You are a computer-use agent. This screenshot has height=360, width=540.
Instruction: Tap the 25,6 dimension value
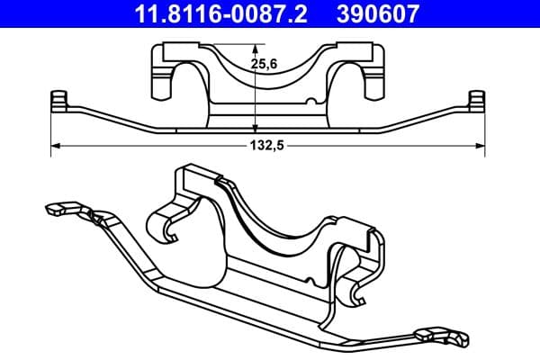tap(264, 64)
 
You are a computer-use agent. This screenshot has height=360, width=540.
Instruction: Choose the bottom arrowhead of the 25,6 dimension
tap(256, 130)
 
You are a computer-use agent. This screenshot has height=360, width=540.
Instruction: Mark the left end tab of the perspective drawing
tap(56, 209)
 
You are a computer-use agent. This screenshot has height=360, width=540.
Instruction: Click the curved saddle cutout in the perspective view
tap(270, 216)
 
